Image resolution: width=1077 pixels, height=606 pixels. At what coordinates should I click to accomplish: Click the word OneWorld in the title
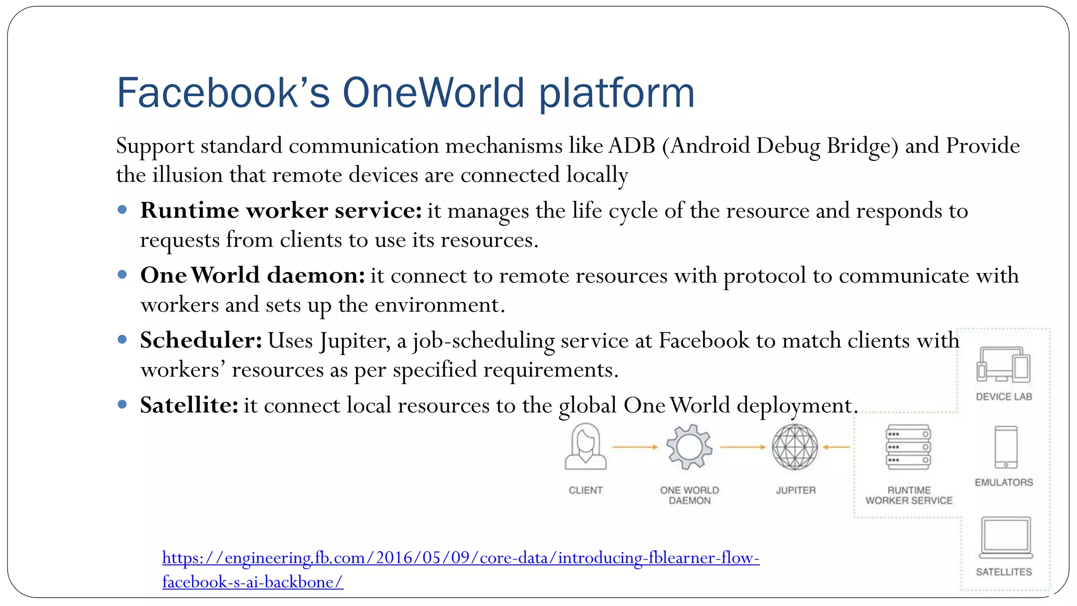click(434, 93)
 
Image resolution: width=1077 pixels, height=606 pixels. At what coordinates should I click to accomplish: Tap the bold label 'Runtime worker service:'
click(281, 211)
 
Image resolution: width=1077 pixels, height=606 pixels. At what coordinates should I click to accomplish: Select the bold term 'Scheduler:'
click(201, 340)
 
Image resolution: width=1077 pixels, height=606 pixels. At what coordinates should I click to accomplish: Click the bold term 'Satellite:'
click(189, 406)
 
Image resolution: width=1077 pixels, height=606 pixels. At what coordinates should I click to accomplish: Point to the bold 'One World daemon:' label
click(252, 276)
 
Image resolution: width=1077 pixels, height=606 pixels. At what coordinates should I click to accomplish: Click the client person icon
click(585, 447)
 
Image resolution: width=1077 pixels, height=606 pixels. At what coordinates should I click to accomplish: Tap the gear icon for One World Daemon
click(689, 447)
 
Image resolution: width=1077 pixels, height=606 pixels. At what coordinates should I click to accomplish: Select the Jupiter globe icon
click(795, 447)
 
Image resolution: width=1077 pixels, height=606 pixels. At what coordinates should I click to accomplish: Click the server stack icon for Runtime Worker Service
click(908, 447)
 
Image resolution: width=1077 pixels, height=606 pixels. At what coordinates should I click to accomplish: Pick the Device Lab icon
click(1003, 365)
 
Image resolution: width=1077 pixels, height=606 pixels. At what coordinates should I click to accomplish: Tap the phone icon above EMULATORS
click(1006, 447)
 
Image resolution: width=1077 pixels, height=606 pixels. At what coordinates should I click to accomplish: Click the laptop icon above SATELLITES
click(1005, 538)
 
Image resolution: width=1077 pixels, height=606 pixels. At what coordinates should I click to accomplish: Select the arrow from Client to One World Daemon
click(635, 447)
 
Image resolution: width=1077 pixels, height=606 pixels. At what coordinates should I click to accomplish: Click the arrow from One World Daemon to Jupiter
click(743, 447)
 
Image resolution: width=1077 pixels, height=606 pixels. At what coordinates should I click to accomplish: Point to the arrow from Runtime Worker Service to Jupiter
click(836, 447)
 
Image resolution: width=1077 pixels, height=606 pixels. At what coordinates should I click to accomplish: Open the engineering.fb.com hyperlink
click(461, 558)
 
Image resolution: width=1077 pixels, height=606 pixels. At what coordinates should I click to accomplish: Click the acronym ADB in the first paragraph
click(632, 146)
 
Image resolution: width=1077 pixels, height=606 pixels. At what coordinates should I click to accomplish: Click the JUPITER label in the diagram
click(796, 490)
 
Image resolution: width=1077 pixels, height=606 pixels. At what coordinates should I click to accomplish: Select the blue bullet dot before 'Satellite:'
click(123, 405)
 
